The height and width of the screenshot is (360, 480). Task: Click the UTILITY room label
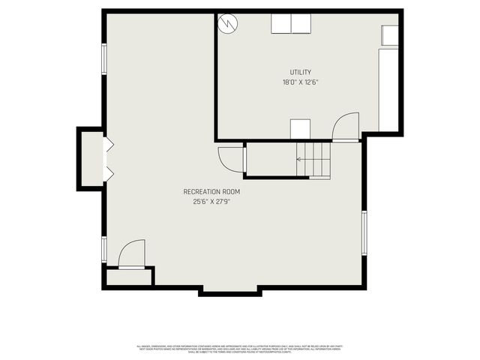[x=301, y=72]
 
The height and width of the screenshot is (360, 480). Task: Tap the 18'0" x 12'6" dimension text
[x=301, y=82]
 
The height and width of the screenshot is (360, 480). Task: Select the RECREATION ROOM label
[x=211, y=191]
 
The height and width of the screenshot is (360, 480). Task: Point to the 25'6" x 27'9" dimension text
[x=211, y=201]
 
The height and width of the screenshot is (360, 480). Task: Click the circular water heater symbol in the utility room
[x=227, y=23]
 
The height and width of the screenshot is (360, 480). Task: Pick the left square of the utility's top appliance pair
[x=281, y=24]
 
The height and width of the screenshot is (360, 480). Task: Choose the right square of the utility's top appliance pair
[x=301, y=24]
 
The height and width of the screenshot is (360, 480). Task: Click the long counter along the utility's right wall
[x=388, y=90]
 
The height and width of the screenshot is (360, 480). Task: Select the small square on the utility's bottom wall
[x=300, y=129]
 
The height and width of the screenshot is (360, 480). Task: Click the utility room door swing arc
[x=347, y=126]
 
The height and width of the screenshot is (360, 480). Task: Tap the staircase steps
[x=315, y=159]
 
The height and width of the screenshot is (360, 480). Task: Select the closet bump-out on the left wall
[x=92, y=158]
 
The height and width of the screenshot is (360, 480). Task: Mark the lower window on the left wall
[x=104, y=248]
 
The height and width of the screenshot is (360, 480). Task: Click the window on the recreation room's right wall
[x=364, y=233]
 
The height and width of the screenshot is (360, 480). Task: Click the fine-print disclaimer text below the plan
[x=239, y=349]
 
